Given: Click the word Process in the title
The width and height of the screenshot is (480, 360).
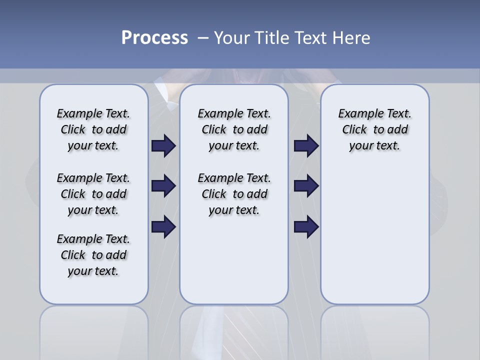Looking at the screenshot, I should point(154,38).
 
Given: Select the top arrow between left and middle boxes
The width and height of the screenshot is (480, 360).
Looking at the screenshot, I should point(163,146).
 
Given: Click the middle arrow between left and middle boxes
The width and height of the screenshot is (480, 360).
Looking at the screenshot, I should point(163,186).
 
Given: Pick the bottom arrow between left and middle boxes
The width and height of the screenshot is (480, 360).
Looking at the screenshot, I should point(163,227).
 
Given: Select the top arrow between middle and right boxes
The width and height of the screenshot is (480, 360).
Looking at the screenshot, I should point(306,146).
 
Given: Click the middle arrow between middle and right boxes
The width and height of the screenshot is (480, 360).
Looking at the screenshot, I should point(306,186).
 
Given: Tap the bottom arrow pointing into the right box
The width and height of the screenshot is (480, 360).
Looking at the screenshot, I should point(306,227).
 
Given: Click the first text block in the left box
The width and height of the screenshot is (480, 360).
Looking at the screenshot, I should point(93,129).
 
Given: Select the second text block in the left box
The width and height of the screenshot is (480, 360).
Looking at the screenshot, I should point(93,194).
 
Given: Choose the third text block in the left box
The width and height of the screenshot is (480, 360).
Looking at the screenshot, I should point(93,255).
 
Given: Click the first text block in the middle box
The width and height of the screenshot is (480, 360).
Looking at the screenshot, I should point(234,129).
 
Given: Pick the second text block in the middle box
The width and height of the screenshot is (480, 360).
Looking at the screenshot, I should point(234,194).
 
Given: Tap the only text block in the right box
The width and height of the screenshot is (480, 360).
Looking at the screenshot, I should point(375,129).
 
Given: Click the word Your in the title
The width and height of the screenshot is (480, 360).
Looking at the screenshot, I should point(232,38).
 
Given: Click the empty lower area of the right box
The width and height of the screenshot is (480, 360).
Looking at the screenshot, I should point(375,235).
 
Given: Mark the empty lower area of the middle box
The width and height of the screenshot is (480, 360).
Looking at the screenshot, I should point(234,260).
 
